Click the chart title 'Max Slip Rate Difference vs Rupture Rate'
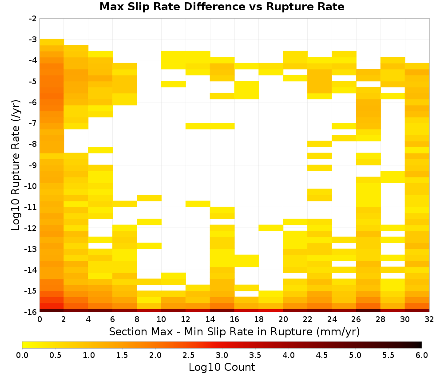pos(222,7)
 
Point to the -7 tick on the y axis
pos(33,123)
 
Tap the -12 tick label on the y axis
pos(32,228)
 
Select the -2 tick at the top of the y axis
pos(33,19)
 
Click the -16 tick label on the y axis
pos(32,312)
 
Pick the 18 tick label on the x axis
pos(259,319)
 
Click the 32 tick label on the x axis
pos(429,319)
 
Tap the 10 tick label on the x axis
pos(162,319)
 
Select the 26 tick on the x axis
pos(356,319)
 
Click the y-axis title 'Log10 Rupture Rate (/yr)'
pos(16,165)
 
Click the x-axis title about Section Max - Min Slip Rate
pos(234,332)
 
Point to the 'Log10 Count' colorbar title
pos(222,367)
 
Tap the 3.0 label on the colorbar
pos(222,355)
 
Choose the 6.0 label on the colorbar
pos(422,355)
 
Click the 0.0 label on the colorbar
pos(22,355)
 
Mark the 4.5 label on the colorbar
pos(322,355)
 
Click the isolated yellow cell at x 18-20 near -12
pos(271,228)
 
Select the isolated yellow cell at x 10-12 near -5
pos(174,84)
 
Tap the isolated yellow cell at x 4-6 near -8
pos(100,150)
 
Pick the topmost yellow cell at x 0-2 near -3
pos(52,42)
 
